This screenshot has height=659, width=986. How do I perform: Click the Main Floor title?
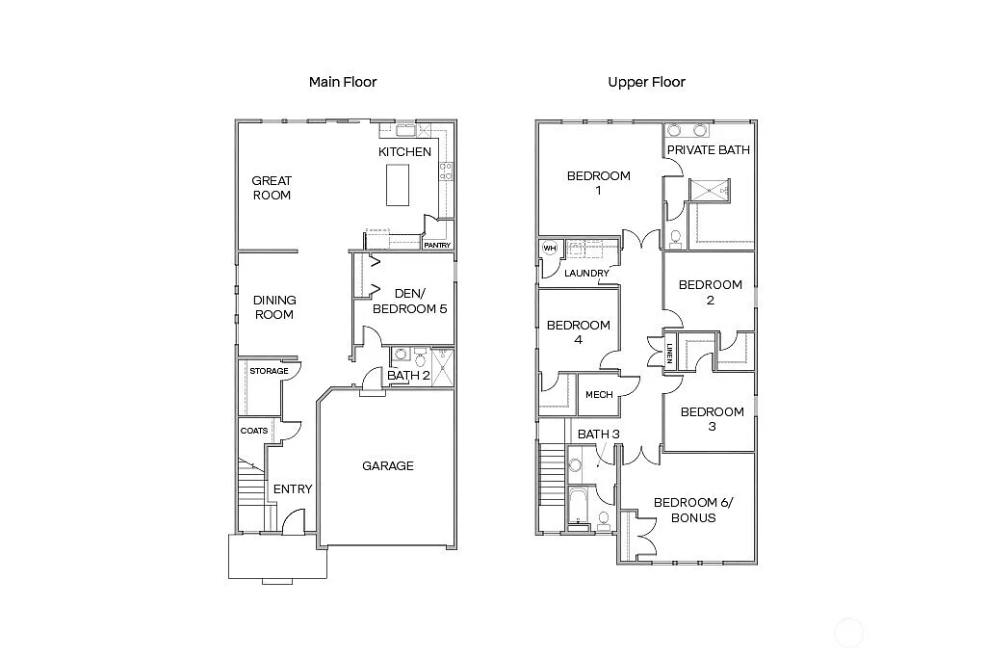(343, 82)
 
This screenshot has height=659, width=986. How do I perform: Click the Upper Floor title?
(646, 82)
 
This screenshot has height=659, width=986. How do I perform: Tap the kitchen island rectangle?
(397, 184)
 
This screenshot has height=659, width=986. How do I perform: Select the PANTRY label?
(437, 246)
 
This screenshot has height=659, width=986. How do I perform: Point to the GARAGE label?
(388, 466)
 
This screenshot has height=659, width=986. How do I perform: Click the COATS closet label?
(254, 431)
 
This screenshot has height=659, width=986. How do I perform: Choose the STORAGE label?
(269, 371)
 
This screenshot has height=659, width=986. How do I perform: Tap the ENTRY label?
(293, 489)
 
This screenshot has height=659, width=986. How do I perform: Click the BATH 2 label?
(409, 376)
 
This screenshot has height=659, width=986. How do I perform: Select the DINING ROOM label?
(274, 307)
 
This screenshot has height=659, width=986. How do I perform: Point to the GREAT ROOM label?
(272, 188)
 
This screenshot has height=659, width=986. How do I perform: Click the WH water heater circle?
(550, 249)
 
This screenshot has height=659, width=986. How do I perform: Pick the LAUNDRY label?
(586, 274)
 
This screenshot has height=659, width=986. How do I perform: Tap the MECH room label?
(599, 394)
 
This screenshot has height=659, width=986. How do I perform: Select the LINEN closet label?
(669, 354)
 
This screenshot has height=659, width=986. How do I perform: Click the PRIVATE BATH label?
(709, 150)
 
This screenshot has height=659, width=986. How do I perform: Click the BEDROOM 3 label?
(712, 419)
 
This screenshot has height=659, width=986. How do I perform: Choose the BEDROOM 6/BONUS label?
(685, 510)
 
